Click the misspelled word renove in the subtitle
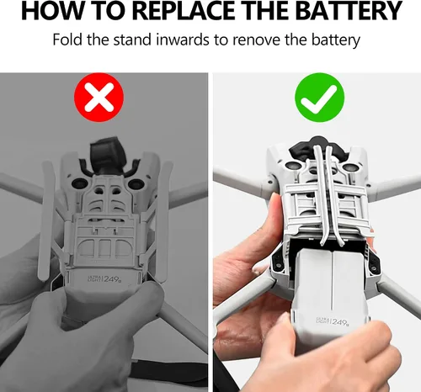point(257,40)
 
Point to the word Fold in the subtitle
point(68,40)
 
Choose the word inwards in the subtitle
point(183,40)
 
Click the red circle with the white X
point(99,98)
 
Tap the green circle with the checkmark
point(320,98)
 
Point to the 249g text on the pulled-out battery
point(333,321)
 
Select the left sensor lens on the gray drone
point(80,183)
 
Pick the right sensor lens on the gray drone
point(136,184)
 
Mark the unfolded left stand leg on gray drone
point(46,221)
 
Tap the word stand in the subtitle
point(132,40)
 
